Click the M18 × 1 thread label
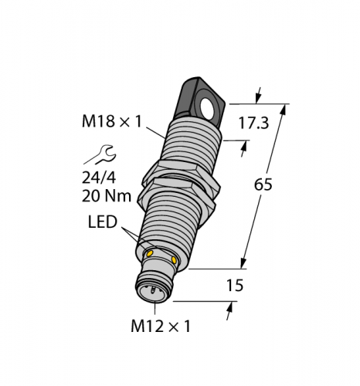point(112,121)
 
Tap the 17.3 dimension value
point(253,123)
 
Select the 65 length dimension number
point(263,185)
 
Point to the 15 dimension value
point(235,286)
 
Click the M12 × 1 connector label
point(161,327)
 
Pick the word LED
point(103,222)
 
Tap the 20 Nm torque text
point(107,197)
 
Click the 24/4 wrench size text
point(99,178)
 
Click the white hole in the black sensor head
point(207,107)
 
